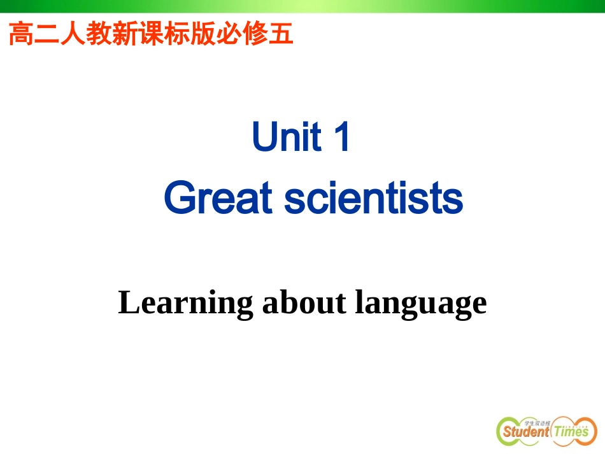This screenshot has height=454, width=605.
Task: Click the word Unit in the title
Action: (287, 138)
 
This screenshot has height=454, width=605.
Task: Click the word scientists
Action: (373, 199)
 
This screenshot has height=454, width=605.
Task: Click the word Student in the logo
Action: (525, 432)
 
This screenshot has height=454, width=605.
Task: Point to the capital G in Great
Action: (178, 199)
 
